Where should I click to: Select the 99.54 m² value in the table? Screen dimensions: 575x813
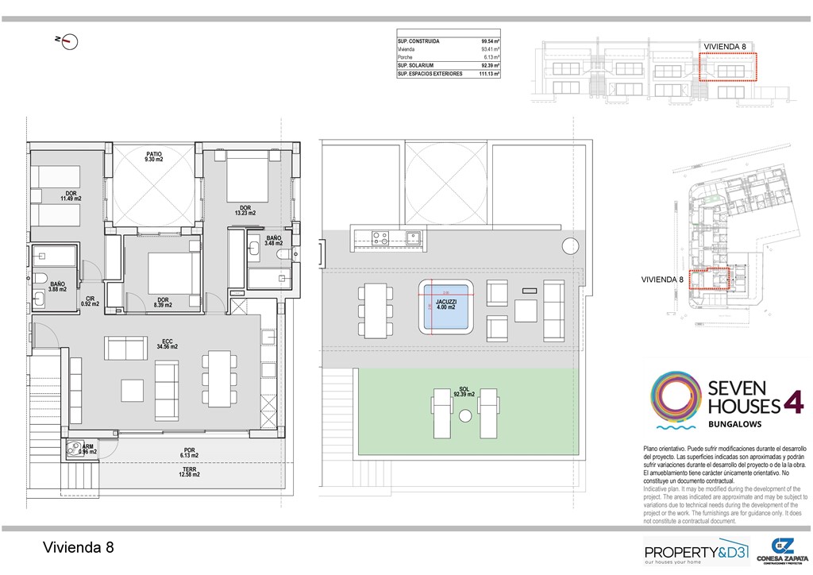(488, 41)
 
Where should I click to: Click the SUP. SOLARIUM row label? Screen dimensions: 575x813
(418, 65)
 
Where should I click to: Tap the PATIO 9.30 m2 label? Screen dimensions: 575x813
(153, 156)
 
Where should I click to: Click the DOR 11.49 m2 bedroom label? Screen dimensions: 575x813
(71, 195)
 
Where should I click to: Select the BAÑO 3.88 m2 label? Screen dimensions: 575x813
(57, 287)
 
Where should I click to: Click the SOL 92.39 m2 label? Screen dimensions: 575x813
(464, 391)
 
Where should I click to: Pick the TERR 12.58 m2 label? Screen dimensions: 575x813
(189, 474)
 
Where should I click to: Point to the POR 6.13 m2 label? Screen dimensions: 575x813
(189, 453)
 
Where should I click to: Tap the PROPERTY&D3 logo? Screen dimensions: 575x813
(695, 551)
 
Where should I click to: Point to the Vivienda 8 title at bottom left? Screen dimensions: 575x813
(78, 547)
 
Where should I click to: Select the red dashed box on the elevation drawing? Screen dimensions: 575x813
(728, 67)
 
